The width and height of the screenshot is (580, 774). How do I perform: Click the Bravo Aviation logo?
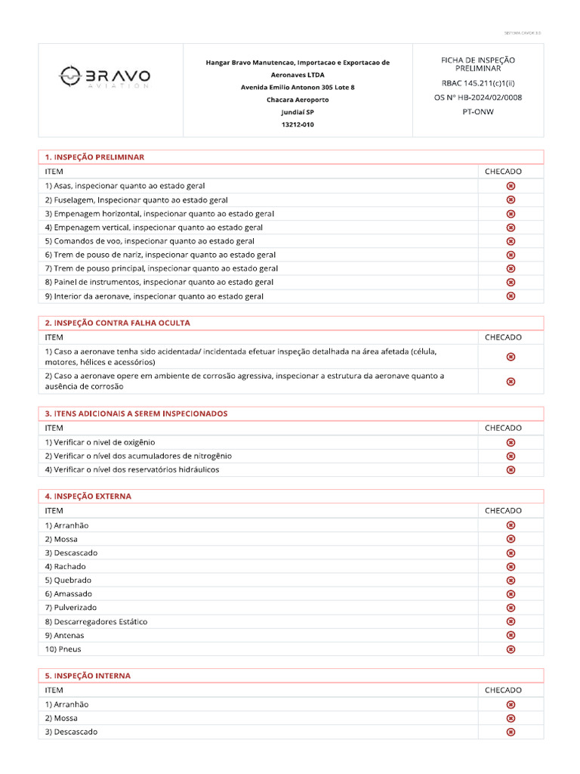105,76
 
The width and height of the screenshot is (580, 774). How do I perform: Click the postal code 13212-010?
298,125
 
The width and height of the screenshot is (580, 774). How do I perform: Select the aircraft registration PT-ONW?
477,110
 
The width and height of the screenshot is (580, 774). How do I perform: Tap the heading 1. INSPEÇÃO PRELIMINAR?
94,157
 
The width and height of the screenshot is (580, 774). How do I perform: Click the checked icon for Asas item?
511,186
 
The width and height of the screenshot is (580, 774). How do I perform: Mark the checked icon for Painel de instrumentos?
511,282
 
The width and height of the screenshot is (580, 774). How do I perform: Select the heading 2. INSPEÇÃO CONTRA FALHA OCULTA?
117,323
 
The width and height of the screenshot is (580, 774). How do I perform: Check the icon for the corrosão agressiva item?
511,381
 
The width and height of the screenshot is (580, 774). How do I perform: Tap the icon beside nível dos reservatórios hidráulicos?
511,469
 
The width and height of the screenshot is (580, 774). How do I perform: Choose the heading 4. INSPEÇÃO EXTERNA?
88,497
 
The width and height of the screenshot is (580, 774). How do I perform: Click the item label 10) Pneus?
63,649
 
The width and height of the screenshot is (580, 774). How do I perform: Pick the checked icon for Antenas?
511,635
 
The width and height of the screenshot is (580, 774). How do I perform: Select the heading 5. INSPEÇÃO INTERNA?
88,676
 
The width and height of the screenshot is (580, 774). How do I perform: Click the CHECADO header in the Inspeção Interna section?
503,690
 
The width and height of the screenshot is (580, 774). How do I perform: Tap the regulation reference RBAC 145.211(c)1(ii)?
477,82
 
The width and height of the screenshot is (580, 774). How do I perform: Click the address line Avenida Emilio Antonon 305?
298,87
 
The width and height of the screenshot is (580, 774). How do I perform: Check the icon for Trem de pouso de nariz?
511,255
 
